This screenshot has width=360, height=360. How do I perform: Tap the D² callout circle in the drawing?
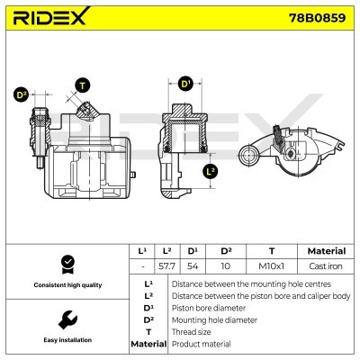click(22, 94)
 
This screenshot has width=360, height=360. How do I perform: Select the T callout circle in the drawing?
click(84, 85)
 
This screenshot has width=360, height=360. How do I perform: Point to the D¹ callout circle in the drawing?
click(186, 84)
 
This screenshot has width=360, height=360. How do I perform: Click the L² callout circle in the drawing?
click(211, 169)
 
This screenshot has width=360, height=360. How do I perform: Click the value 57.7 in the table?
click(166, 267)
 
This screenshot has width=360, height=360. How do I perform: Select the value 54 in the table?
click(193, 267)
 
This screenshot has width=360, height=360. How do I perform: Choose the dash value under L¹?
click(142, 267)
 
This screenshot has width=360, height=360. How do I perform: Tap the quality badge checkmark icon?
click(65, 264)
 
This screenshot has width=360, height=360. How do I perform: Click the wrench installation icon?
click(65, 319)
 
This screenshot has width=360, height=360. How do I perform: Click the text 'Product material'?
click(201, 345)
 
